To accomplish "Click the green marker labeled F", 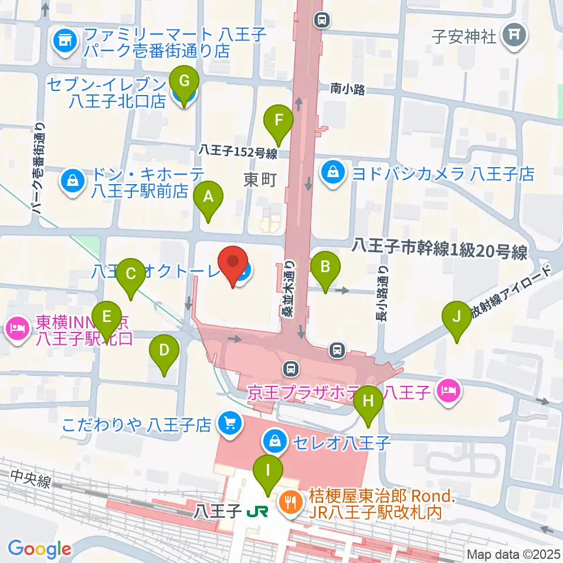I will click(x=279, y=122).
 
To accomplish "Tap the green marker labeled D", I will click(x=164, y=352).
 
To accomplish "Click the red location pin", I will click(x=233, y=264).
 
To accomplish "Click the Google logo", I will click(x=39, y=549).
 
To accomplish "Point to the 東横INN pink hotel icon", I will click(x=18, y=330).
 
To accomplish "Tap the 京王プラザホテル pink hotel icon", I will click(x=449, y=391).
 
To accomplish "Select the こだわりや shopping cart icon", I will click(x=229, y=423).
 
